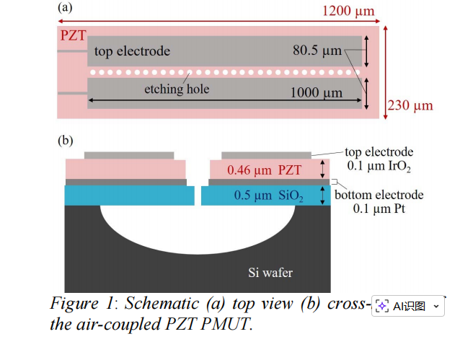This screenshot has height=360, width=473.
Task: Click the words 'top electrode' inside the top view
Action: coord(133,51)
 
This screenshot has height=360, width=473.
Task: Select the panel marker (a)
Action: coord(65,9)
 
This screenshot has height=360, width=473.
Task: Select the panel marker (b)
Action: coord(65,141)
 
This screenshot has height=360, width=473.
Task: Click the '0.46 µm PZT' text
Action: coord(262,170)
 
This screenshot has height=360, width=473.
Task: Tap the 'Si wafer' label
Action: coord(270,272)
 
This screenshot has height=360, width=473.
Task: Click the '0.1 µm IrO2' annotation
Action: coord(379,167)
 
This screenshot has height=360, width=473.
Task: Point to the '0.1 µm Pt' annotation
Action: coord(379,209)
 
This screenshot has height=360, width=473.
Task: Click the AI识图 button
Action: coord(408,306)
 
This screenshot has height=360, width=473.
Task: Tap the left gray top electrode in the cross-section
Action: coord(129,155)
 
